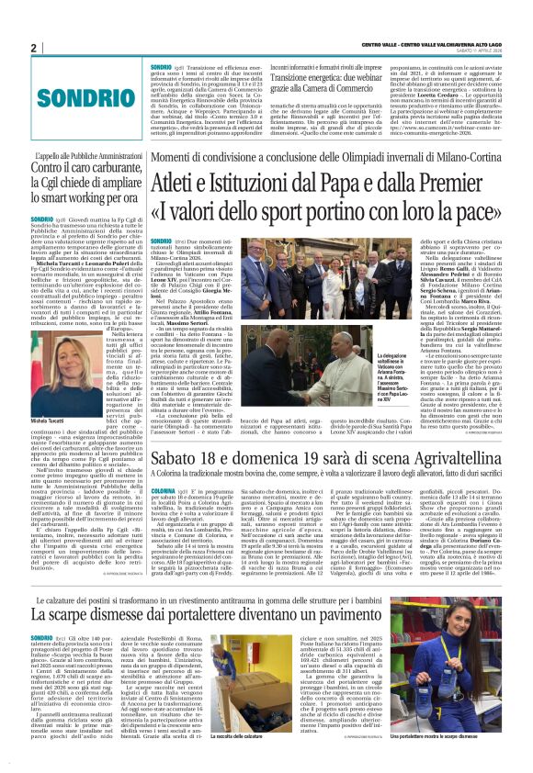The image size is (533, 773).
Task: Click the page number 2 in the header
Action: [34, 48]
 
